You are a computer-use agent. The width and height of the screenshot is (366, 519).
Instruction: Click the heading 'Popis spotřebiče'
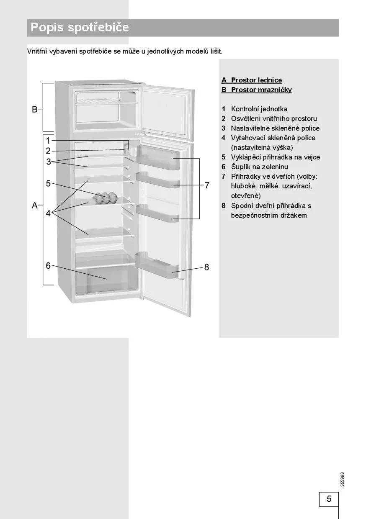point(80,28)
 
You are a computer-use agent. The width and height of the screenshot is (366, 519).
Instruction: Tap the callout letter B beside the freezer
point(35,110)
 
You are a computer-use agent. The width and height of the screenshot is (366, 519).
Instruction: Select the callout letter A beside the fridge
point(35,205)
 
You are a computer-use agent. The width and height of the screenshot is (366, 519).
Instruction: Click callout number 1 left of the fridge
point(48,141)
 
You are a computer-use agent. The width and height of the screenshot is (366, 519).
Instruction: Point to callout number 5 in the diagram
point(48,183)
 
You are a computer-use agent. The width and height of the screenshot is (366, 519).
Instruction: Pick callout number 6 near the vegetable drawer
point(48,265)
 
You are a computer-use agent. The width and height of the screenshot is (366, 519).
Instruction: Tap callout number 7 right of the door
point(207,185)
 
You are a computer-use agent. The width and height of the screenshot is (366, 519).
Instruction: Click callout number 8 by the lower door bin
point(206,267)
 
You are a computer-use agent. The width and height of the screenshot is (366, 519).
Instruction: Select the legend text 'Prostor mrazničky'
point(261,90)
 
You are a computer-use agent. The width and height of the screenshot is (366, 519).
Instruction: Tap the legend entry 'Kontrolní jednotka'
point(259,109)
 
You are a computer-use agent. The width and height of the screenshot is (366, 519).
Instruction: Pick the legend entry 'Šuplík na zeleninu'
point(259,167)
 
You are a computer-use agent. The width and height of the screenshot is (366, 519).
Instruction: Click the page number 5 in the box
point(329,499)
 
